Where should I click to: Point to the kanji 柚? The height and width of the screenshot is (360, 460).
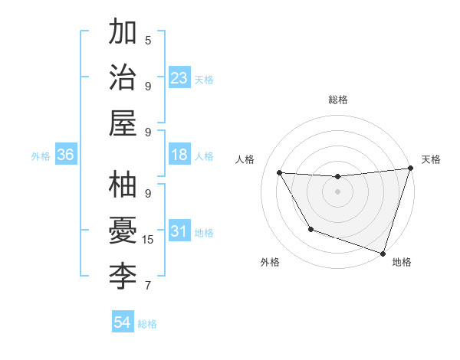pos(123,186)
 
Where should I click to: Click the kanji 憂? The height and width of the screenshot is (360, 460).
pos(123,231)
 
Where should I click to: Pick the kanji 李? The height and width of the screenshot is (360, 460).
pos(123,274)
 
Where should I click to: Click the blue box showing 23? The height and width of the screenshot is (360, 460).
pos(179,77)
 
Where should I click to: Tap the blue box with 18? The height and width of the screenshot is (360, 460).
pos(179,155)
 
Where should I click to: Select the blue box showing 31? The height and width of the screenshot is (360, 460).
pos(179,232)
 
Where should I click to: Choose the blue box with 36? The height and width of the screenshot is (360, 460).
pos(66,155)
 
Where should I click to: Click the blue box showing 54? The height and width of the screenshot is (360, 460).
pos(123,322)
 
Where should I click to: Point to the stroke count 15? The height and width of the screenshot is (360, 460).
pos(149,240)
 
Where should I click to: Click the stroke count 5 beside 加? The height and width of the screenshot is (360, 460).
pos(148,40)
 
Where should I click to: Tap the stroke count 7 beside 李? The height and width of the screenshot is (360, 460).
pos(148,286)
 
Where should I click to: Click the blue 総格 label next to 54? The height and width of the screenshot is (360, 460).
pos(147,324)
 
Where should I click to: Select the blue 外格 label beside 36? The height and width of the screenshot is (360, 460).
pos(41,156)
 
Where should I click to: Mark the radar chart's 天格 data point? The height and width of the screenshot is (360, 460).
pos(410,169)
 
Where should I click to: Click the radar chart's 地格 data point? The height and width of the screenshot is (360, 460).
pos(383,252)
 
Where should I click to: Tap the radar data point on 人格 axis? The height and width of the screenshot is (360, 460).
pos(280,173)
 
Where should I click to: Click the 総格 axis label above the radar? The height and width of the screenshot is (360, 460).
pos(338,100)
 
